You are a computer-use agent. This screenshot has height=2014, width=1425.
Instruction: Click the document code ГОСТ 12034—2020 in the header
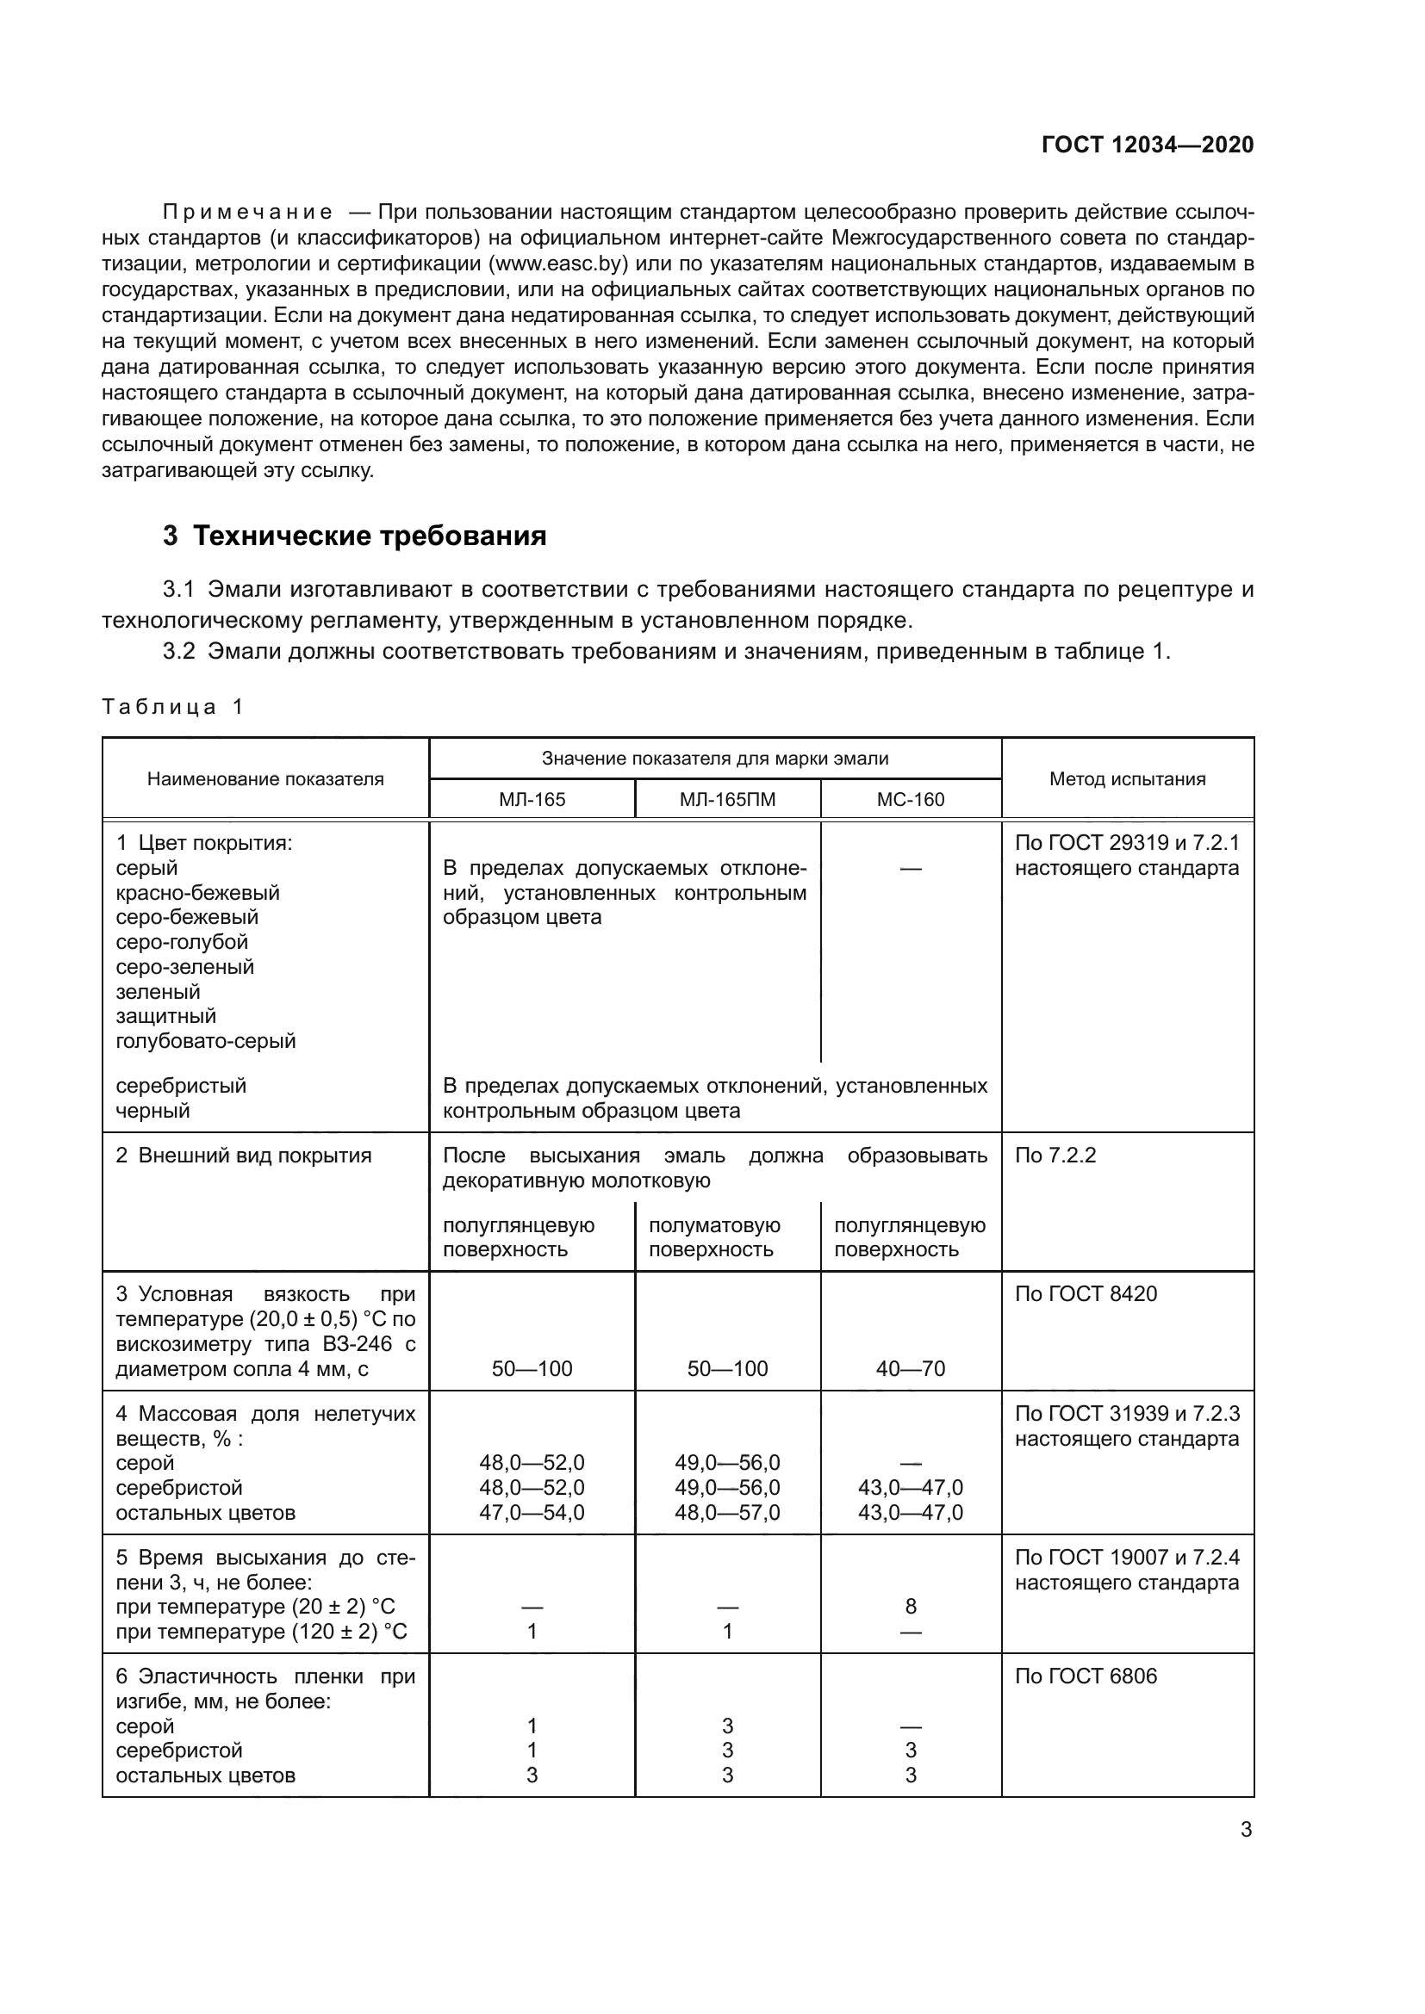[1147, 145]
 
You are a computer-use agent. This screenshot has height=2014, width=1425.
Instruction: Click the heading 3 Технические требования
[354, 536]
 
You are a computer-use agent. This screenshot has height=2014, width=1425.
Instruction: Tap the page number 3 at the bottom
[1246, 1830]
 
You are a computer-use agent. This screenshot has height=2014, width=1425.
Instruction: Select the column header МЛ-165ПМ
[727, 799]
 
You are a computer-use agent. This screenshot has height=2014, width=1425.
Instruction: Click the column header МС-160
[910, 799]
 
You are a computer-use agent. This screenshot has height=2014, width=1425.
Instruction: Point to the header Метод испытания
[1127, 779]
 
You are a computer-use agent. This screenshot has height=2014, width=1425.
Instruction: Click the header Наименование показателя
[265, 779]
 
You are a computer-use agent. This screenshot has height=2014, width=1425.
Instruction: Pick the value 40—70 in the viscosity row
[910, 1368]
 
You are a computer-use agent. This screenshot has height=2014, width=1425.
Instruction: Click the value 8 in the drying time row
[910, 1606]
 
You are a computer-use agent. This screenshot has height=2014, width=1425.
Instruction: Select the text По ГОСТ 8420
[1086, 1294]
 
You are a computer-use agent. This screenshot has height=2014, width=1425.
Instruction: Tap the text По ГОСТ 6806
[1086, 1676]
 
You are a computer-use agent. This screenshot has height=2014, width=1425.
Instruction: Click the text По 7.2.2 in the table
[1055, 1156]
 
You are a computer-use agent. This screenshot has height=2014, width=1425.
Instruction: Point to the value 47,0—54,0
[532, 1512]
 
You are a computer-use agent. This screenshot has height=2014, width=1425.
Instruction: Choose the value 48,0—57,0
[727, 1512]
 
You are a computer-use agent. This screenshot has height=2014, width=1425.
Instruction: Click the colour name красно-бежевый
[197, 893]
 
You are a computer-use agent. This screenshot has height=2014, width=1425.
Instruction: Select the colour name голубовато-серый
[205, 1041]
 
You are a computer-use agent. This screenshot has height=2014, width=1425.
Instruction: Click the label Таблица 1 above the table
[172, 707]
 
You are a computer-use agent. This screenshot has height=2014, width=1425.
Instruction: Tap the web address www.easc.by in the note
[557, 263]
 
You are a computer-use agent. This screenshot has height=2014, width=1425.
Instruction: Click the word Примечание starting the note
[247, 213]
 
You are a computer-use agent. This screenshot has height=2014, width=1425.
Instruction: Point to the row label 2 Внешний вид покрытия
[244, 1156]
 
